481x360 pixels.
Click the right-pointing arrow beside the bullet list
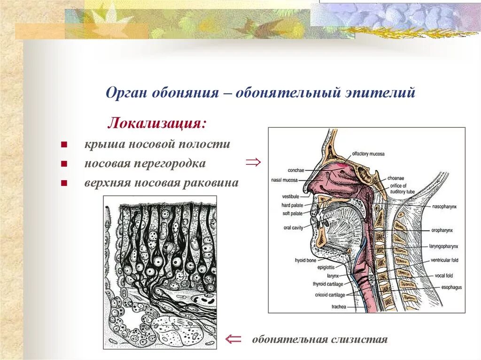(253, 162)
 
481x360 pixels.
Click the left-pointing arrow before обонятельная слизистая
(233, 339)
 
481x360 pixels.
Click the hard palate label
(292, 205)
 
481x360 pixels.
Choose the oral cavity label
(294, 228)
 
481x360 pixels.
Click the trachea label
(338, 306)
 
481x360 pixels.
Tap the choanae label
(396, 178)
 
